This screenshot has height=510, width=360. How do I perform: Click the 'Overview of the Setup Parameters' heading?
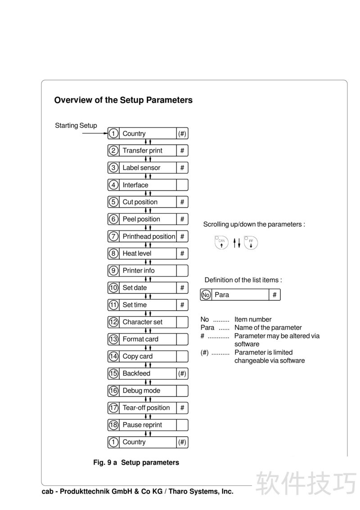pos(123,100)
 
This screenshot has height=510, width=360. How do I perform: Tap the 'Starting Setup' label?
pos(76,126)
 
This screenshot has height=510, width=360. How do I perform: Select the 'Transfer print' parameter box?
pos(147,151)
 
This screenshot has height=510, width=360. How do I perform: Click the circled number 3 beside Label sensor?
pos(113,168)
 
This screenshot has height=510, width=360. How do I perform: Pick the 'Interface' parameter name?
pos(135,185)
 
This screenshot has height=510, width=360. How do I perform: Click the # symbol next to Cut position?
pos(182,202)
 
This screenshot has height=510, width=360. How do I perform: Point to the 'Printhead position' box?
pos(148,236)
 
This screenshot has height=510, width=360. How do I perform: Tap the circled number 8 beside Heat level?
pos(113,253)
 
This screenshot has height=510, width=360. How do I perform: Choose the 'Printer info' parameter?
pos(139,271)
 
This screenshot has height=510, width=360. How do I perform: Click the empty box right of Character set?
pos(182,322)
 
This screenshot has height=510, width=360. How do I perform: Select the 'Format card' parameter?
pos(140,339)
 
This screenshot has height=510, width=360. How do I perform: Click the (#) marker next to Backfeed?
pos(182,373)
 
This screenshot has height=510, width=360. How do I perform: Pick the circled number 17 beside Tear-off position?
pos(113,408)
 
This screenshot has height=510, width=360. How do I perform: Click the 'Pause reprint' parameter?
pos(142,425)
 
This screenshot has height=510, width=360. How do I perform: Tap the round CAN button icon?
pos(221,243)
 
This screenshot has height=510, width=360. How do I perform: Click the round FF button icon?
pos(251,243)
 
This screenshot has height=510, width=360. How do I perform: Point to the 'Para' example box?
pos(240,295)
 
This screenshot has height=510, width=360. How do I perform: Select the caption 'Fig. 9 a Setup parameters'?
pos(136,462)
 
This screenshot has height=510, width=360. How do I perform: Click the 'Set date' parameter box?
pos(147,288)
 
